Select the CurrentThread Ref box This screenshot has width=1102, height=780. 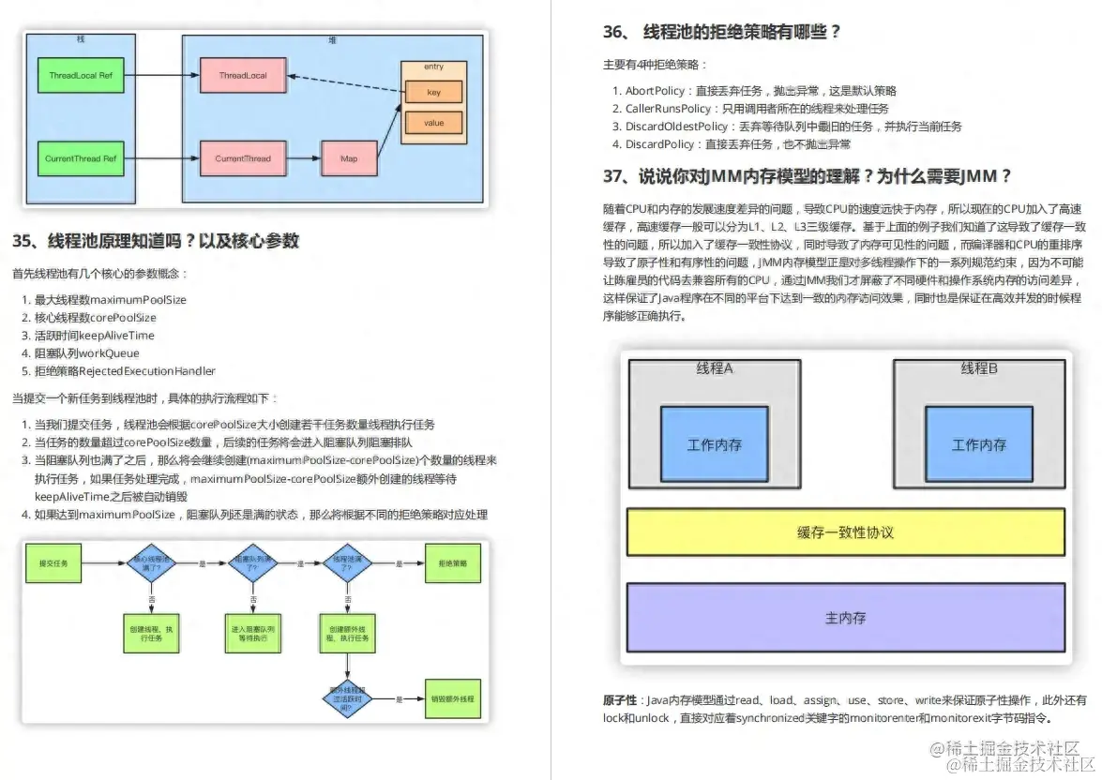pyautogui.click(x=81, y=158)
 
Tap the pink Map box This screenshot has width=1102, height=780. pyautogui.click(x=349, y=158)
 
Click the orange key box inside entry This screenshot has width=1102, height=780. pyautogui.click(x=433, y=93)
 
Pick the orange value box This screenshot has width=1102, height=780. pyautogui.click(x=433, y=123)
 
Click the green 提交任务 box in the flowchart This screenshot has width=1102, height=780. pyautogui.click(x=53, y=563)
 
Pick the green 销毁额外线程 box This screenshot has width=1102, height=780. pyautogui.click(x=453, y=699)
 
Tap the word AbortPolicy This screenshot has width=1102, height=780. pyautogui.click(x=653, y=91)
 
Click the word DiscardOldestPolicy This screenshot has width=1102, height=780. pyautogui.click(x=675, y=127)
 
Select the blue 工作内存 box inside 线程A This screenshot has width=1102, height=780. pyautogui.click(x=714, y=444)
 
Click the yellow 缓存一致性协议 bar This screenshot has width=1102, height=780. pyautogui.click(x=845, y=532)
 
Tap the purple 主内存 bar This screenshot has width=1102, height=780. pyautogui.click(x=845, y=618)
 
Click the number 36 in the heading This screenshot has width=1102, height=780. pyautogui.click(x=613, y=33)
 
